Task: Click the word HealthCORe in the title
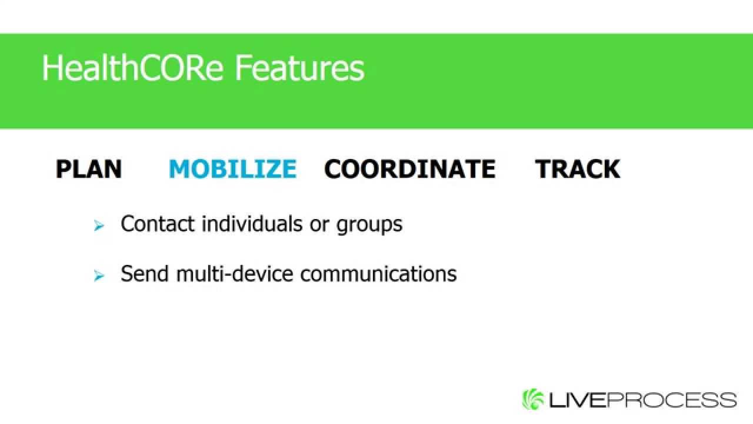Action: click(132, 68)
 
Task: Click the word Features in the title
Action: click(299, 68)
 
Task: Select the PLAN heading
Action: click(89, 169)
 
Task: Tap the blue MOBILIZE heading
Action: click(232, 169)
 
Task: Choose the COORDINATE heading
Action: click(409, 169)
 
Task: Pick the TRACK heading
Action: click(577, 169)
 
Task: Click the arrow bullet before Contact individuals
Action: click(99, 226)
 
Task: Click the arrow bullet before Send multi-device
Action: click(99, 276)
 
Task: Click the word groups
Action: click(369, 225)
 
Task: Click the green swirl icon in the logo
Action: click(533, 399)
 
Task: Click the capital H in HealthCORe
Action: click(51, 68)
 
